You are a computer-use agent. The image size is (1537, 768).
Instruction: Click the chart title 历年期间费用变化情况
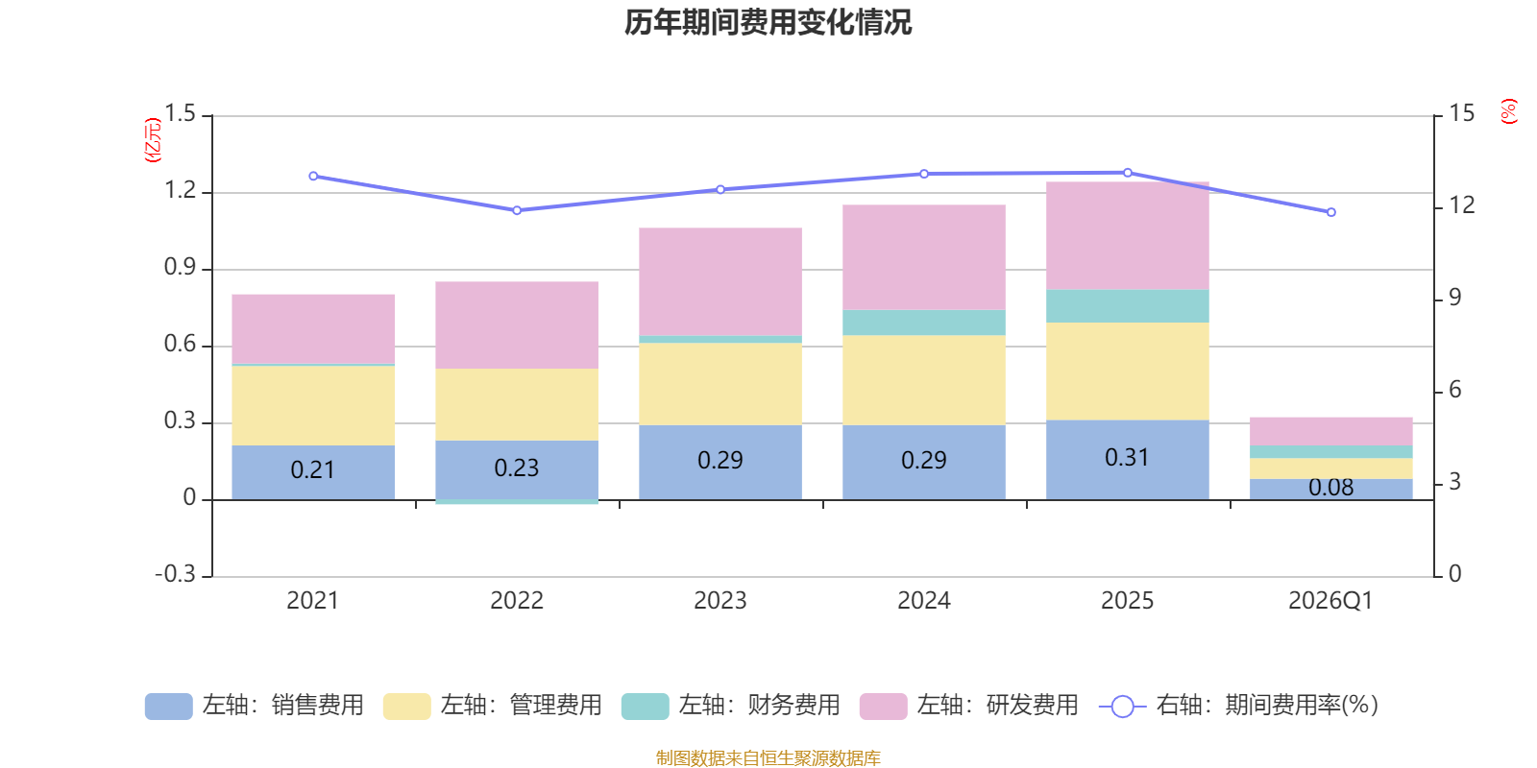point(768,22)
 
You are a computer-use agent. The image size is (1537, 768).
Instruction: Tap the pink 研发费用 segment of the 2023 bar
point(720,280)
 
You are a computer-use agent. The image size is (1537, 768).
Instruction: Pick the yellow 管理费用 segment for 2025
point(1127,371)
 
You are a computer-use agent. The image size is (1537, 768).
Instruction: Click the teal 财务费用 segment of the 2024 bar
point(923,323)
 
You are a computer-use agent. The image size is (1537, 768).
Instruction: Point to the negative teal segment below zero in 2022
point(517,502)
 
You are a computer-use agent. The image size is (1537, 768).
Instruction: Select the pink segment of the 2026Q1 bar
point(1330,431)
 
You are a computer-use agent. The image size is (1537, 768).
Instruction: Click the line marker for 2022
point(517,210)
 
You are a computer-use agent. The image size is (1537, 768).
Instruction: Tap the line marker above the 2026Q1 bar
point(1330,212)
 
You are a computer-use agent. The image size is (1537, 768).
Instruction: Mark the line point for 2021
point(313,177)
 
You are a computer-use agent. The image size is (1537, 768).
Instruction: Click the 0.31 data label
point(1127,458)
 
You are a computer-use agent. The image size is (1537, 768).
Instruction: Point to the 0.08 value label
point(1330,488)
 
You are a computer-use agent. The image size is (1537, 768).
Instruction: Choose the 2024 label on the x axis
point(923,601)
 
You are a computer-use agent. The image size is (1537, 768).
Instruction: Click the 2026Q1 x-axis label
point(1330,601)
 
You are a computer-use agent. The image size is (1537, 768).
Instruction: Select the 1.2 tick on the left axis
point(180,191)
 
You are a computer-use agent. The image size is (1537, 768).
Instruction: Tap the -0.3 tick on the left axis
point(175,574)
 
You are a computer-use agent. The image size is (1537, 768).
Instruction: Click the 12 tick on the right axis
point(1461,205)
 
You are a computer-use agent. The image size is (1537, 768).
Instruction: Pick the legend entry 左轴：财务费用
point(731,706)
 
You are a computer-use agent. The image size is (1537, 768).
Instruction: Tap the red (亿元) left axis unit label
point(152,140)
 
